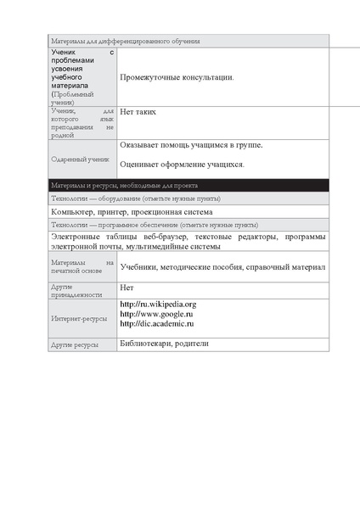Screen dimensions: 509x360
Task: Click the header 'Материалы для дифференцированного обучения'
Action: (x=125, y=41)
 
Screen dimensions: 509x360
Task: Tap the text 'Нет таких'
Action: (x=138, y=112)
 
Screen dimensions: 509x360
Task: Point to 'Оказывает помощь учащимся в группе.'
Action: (x=191, y=145)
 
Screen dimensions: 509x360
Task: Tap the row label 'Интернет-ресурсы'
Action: (x=79, y=320)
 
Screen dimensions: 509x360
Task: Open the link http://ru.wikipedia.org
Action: (x=158, y=304)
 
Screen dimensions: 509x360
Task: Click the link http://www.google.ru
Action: (x=155, y=314)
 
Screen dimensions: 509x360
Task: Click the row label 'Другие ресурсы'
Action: (x=76, y=345)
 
